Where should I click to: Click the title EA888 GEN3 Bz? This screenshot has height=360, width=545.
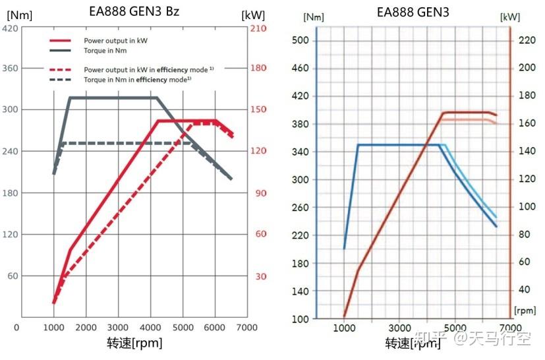pyautogui.click(x=134, y=11)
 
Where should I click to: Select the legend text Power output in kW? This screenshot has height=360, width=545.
pyautogui.click(x=115, y=40)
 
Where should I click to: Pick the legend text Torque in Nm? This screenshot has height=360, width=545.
pyautogui.click(x=105, y=50)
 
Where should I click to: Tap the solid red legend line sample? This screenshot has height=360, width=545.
pyautogui.click(x=60, y=40)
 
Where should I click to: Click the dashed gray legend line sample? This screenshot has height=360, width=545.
pyautogui.click(x=60, y=78)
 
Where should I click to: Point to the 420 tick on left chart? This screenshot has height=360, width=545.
pyautogui.click(x=11, y=28)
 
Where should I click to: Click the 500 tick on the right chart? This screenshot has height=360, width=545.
pyautogui.click(x=301, y=41)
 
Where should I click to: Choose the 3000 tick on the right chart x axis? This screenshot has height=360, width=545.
pyautogui.click(x=399, y=328)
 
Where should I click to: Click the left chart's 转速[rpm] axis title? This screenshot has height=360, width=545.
pyautogui.click(x=134, y=343)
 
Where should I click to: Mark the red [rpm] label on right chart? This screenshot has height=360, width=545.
pyautogui.click(x=525, y=310)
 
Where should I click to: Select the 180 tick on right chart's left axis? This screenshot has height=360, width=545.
pyautogui.click(x=301, y=263)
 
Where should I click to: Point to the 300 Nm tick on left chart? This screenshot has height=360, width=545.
pyautogui.click(x=11, y=109)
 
